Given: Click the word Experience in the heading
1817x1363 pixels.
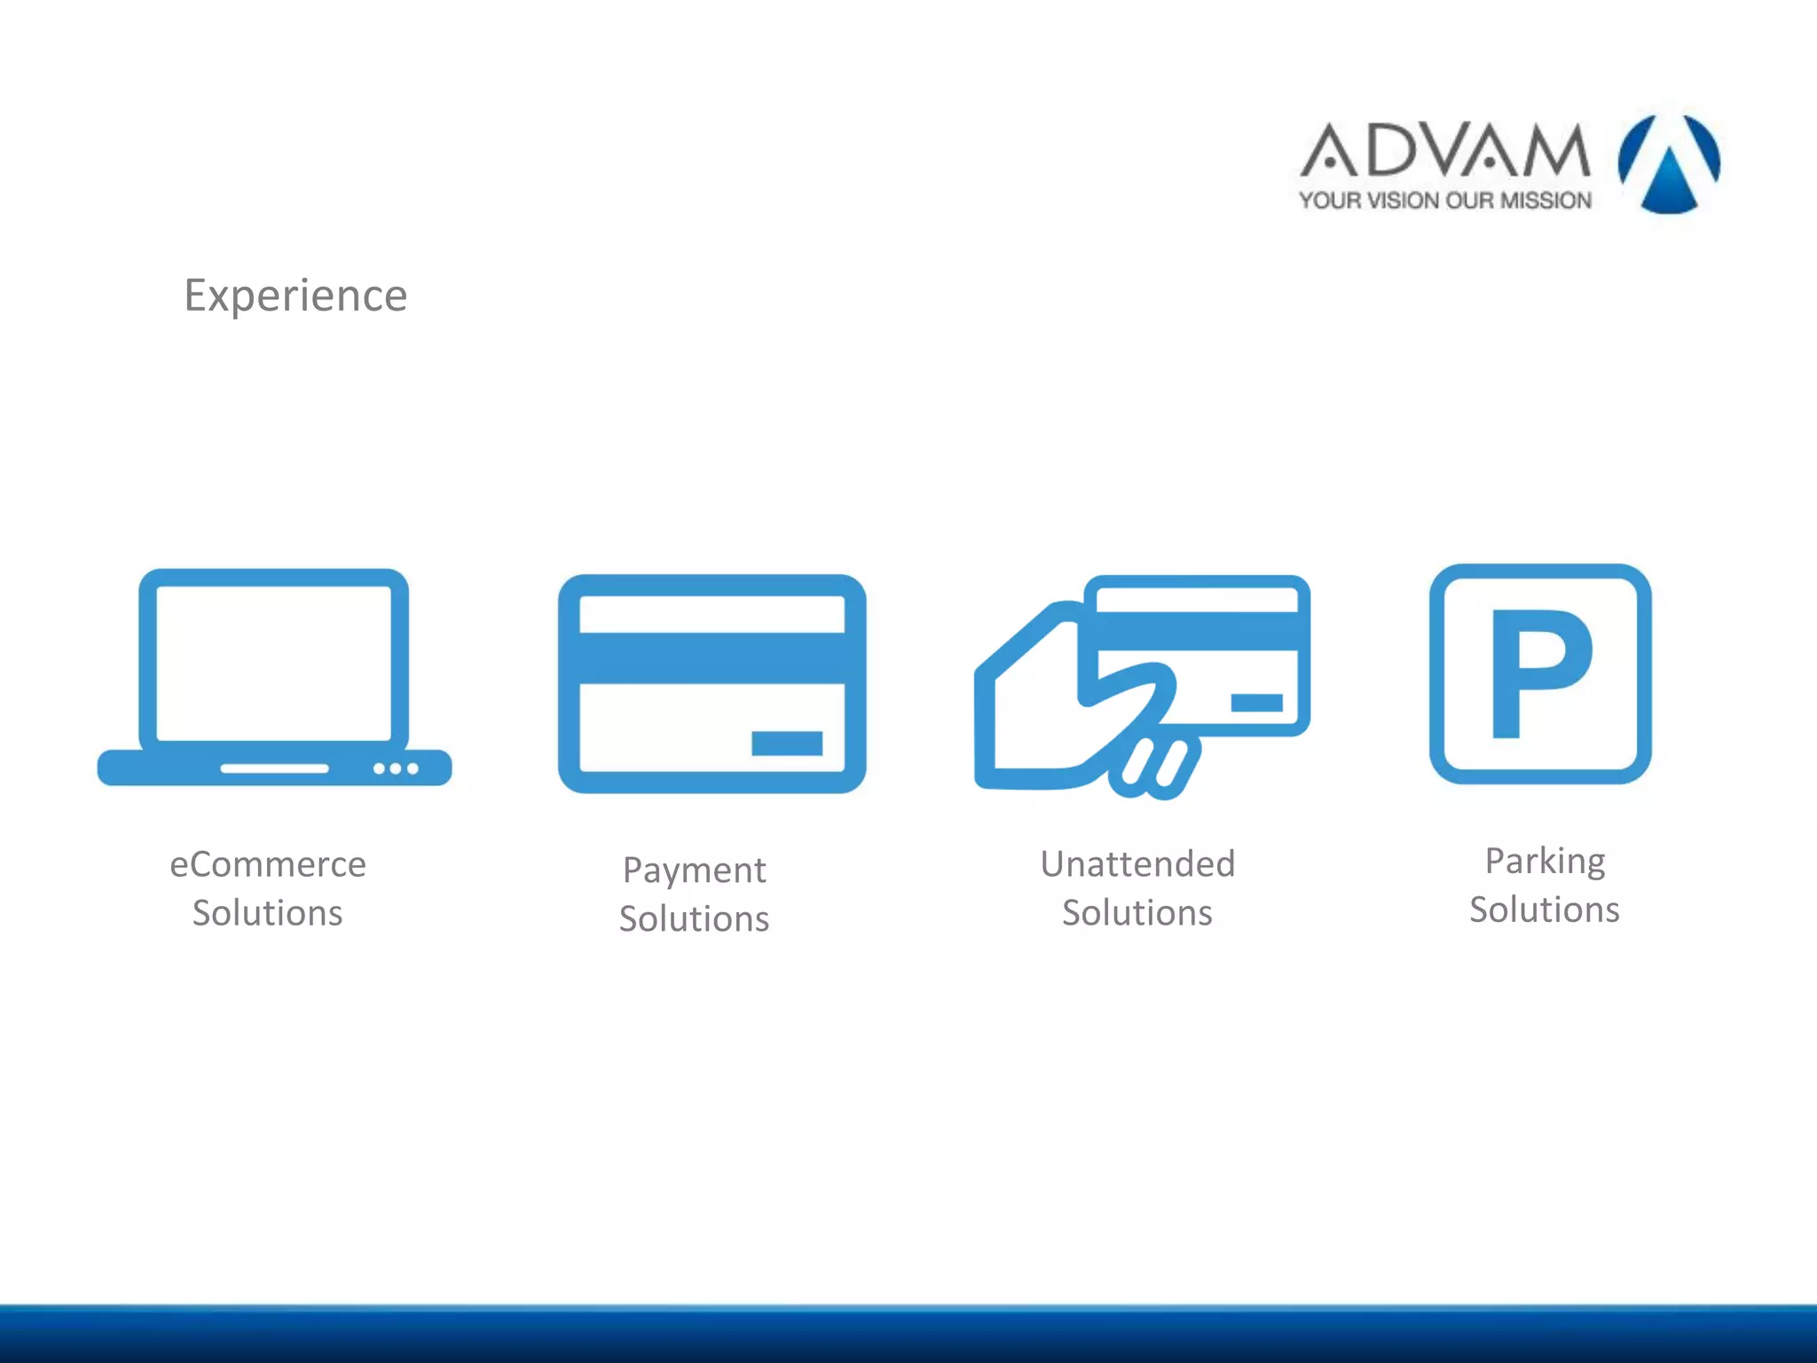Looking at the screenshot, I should click(295, 295).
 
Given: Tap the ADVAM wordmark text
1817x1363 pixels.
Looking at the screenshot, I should click(1445, 150).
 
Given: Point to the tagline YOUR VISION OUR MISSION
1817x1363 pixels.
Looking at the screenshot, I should click(1445, 201).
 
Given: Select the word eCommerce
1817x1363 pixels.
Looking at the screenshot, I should click(268, 864).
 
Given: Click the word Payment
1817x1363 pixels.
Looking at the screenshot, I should click(695, 871).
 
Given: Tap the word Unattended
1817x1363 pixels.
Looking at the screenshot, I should click(1137, 864).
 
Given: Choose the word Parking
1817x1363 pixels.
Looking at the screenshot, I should click(1545, 861).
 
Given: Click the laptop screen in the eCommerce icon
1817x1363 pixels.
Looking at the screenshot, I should click(274, 662).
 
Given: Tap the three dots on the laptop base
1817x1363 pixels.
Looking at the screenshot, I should click(396, 768).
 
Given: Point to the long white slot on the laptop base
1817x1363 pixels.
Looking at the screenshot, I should click(275, 768).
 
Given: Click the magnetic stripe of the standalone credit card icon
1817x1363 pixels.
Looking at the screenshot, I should click(712, 658).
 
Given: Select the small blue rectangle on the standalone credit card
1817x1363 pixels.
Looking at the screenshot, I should click(787, 744).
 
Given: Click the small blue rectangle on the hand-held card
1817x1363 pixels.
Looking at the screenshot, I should click(1257, 703).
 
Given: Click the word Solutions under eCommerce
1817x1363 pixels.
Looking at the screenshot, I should click(268, 913).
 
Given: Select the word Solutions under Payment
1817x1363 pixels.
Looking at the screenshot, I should click(695, 919).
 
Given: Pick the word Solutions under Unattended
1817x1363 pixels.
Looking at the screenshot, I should click(1137, 913).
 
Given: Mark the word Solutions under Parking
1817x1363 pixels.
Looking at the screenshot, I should click(1545, 910).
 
